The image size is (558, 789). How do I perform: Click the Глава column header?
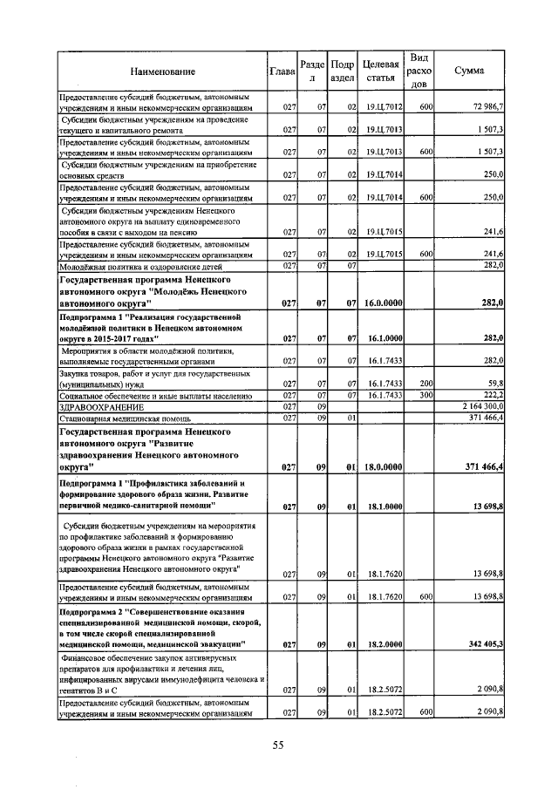(282, 71)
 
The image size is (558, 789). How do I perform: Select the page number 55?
(279, 745)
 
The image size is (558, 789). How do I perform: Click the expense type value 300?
(426, 395)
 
